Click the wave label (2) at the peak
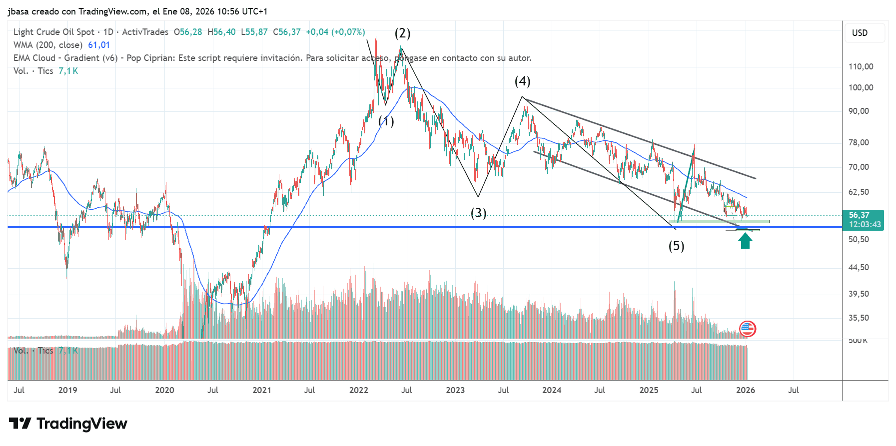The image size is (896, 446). click(402, 33)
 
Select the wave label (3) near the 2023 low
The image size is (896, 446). click(478, 213)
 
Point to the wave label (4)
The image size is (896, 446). click(522, 81)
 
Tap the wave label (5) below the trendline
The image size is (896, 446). click(676, 246)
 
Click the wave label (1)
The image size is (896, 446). click(386, 121)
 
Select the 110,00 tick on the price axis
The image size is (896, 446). click(861, 66)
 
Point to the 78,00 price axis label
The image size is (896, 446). click(859, 143)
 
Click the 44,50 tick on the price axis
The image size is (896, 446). click(859, 268)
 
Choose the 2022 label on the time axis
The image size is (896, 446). click(358, 390)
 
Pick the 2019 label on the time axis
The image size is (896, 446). click(67, 390)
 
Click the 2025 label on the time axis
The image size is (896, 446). click(649, 390)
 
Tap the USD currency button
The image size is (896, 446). click(860, 33)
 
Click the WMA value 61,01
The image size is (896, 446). click(99, 45)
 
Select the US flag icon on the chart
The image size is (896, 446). click(747, 329)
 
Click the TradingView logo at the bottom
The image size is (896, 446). click(68, 424)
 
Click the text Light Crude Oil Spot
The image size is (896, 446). click(54, 32)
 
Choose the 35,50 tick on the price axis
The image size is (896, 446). click(859, 318)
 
